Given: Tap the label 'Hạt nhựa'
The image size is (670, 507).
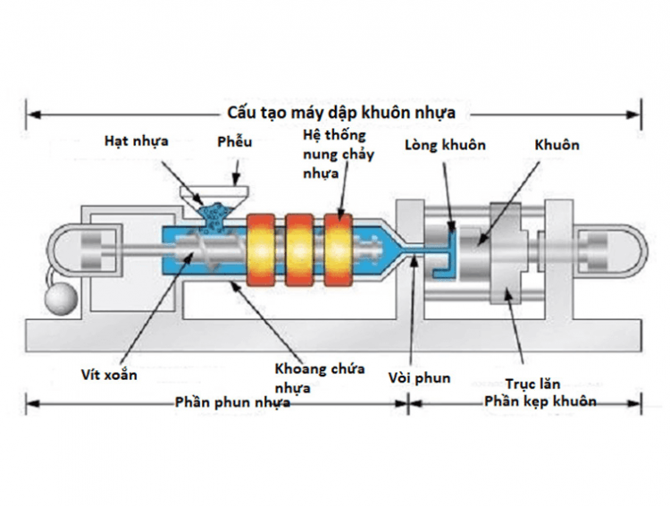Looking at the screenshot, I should (135, 140).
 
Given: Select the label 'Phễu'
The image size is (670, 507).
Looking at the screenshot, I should (235, 142).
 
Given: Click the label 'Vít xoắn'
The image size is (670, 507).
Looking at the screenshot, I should (109, 375).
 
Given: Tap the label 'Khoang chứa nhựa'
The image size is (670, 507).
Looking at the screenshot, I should (319, 378).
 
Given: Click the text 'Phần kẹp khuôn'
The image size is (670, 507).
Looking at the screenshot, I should (540, 401).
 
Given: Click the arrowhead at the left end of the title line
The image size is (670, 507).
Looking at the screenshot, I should (31, 114).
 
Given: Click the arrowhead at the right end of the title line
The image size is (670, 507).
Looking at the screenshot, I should (636, 114).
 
